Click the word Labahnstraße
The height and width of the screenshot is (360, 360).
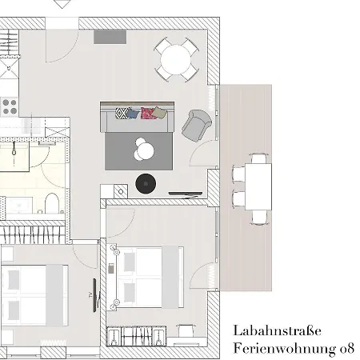pos(277,330)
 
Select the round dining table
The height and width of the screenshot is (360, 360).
pos(176,59)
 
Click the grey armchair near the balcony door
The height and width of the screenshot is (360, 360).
pos(196,125)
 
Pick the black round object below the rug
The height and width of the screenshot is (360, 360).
pos(146,183)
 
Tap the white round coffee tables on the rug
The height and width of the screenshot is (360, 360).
pos(144,150)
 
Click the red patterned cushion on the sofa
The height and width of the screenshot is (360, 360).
pos(148,113)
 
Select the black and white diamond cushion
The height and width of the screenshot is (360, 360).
pos(122,113)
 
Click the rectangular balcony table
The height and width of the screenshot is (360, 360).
pos(258,186)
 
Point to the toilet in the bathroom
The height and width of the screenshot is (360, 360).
pos(51,203)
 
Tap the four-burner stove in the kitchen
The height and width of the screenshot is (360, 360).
pos(10,106)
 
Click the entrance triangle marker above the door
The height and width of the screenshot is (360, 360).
pos(62,4)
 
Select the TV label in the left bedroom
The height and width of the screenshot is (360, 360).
pos(90,295)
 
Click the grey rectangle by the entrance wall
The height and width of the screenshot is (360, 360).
pos(110,37)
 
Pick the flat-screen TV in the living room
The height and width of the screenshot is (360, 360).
pos(186,194)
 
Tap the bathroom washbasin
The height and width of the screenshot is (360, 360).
pos(19,206)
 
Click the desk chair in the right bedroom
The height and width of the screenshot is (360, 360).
pos(186,330)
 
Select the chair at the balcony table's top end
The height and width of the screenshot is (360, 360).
pos(258,158)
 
